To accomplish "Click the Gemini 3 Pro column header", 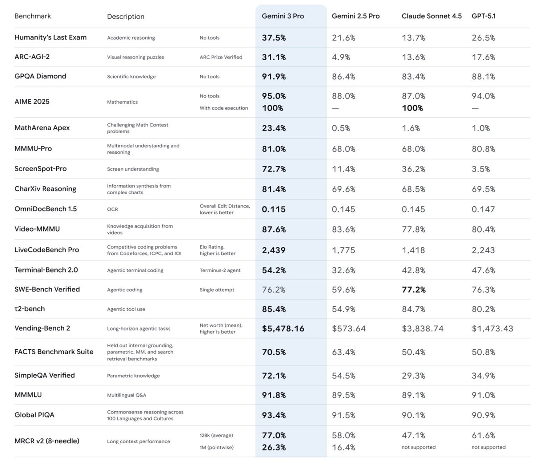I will click(x=283, y=16).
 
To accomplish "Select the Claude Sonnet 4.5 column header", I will click(x=431, y=16).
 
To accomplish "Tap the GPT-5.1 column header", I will click(x=483, y=16).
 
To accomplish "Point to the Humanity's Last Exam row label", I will click(x=50, y=37).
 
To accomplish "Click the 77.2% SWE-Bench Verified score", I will click(x=413, y=290).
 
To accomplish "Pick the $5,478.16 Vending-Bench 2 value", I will click(x=283, y=328).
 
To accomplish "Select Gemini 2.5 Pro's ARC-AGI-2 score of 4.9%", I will click(x=341, y=57).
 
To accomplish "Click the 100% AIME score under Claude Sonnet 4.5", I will click(x=412, y=108).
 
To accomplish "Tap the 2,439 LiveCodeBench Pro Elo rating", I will click(x=273, y=250).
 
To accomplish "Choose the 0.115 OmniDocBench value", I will click(x=273, y=209).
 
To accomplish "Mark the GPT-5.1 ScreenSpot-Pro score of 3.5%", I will click(x=481, y=169).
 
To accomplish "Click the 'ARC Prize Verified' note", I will click(x=221, y=57).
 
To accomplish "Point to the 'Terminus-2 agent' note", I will click(x=217, y=270).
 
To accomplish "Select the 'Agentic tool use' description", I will click(x=126, y=309).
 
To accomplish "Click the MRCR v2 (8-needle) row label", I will click(x=47, y=441).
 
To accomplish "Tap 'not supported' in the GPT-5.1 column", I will click(x=488, y=447).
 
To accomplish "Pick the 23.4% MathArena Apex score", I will click(x=274, y=128).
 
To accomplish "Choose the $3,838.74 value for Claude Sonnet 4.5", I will click(x=422, y=328).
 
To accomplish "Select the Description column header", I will click(x=125, y=16).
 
